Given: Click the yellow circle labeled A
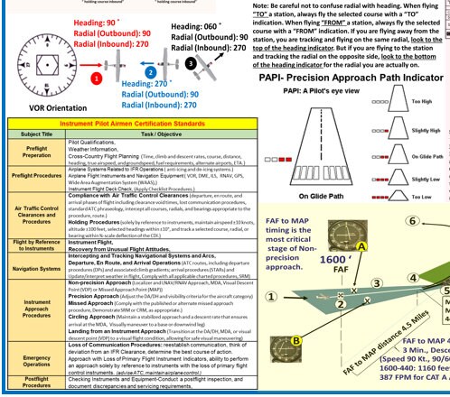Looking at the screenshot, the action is point(361,269).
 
